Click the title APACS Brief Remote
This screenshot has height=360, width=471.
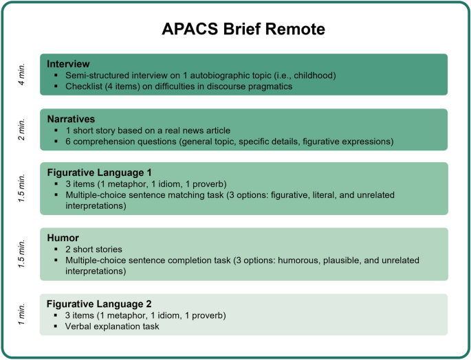pyautogui.click(x=243, y=30)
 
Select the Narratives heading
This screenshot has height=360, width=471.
pyautogui.click(x=72, y=118)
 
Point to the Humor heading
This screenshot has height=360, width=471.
pyautogui.click(x=63, y=238)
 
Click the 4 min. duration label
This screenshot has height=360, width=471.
pyautogui.click(x=22, y=74)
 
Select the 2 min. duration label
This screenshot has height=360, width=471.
pyautogui.click(x=22, y=129)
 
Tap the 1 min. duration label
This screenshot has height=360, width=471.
pyautogui.click(x=22, y=314)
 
